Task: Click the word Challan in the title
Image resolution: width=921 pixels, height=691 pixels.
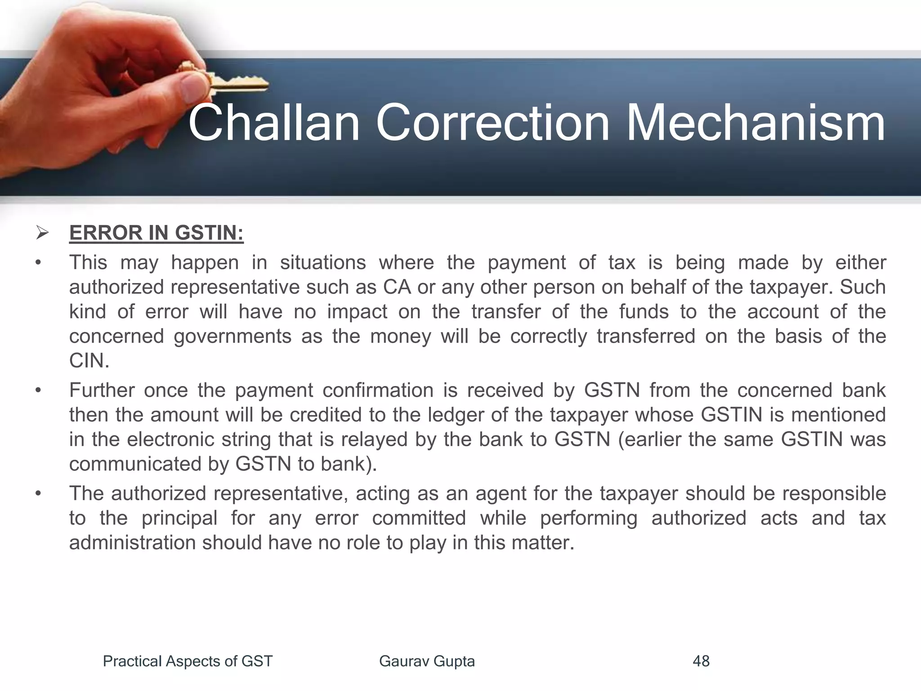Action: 274,122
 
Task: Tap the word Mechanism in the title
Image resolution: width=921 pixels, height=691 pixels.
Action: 755,122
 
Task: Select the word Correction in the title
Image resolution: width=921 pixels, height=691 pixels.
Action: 492,122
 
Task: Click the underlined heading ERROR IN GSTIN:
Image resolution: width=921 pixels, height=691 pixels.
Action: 156,233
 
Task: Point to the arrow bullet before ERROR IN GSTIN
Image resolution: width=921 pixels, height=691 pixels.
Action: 42,233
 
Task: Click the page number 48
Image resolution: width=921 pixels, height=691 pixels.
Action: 701,661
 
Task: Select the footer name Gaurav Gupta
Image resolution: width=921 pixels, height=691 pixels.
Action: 427,661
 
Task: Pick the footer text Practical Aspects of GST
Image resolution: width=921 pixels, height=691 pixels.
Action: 188,661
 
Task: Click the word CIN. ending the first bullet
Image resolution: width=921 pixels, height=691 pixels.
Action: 89,361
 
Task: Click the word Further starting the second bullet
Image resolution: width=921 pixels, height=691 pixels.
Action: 102,390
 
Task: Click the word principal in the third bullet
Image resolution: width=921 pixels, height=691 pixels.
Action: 179,518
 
